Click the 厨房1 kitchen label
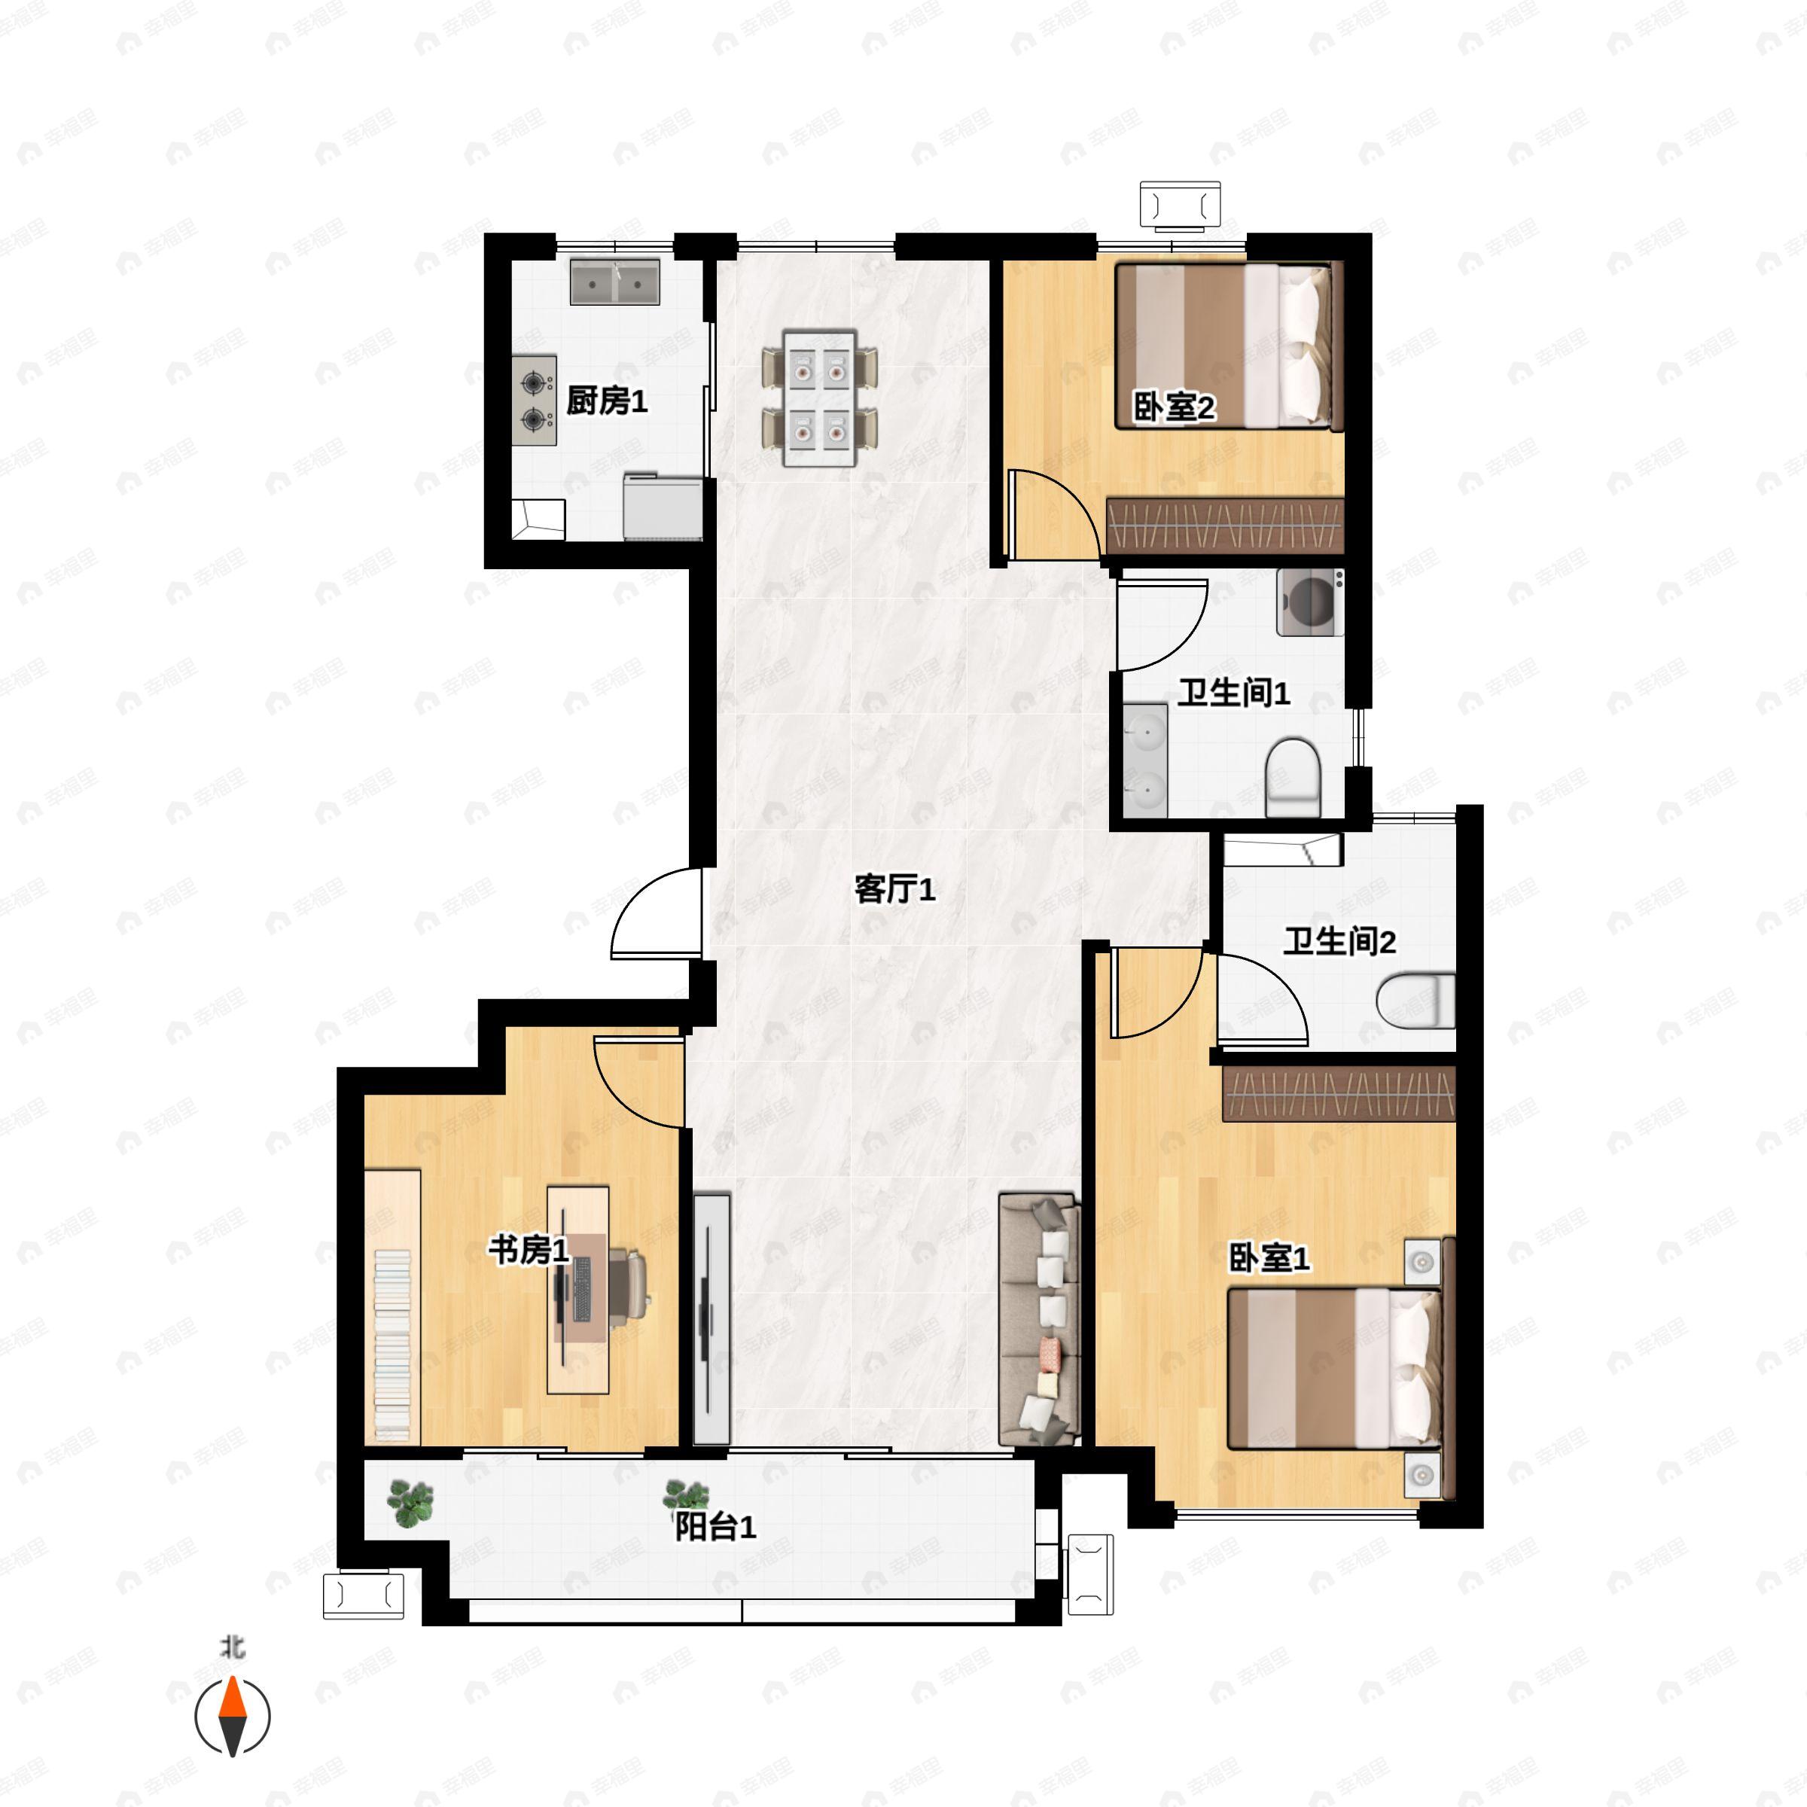pyautogui.click(x=606, y=401)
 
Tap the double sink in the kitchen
pyautogui.click(x=614, y=282)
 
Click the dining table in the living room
pyautogui.click(x=820, y=398)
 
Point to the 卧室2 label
pyautogui.click(x=1174, y=408)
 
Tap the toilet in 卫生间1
pyautogui.click(x=1293, y=776)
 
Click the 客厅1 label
pyautogui.click(x=894, y=889)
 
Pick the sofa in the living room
pyautogui.click(x=1039, y=1319)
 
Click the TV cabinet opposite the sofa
pyautogui.click(x=712, y=1319)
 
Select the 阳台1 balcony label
pyautogui.click(x=715, y=1528)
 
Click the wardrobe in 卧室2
pyautogui.click(x=1225, y=526)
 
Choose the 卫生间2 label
pyautogui.click(x=1339, y=941)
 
